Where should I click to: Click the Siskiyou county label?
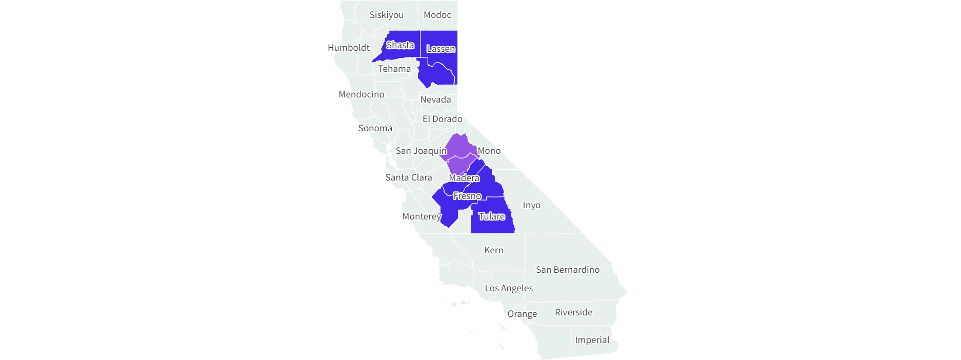pos(386,15)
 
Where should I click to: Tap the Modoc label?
pos(437,15)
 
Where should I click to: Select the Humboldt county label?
pos(348,48)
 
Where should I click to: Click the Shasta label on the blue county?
pos(400,45)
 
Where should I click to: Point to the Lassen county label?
pos(441,49)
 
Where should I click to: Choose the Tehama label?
pos(394,69)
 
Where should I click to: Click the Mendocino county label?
pos(361,94)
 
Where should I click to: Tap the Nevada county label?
pos(435,99)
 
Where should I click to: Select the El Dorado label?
pos(442,119)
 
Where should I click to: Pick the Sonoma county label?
pos(375,128)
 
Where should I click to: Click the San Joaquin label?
pos(421,151)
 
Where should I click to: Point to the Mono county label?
pos(489,151)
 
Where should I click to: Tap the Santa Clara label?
pos(408,177)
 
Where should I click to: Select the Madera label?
pos(464,178)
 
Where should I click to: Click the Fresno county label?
pos(467,196)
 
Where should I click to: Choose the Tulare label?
pos(491,216)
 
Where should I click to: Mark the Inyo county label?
pos(531,205)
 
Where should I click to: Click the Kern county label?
pos(493,250)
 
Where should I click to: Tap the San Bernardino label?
pos(567,270)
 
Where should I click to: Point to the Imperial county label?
pos(592,340)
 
